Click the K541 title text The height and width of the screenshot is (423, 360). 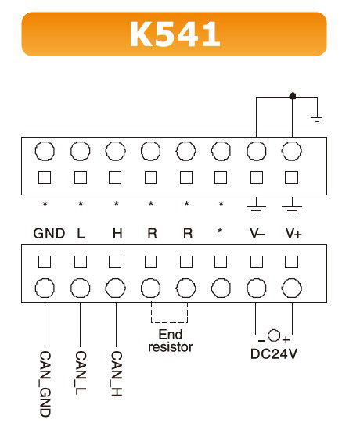click(175, 34)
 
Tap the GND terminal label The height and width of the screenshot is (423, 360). click(49, 233)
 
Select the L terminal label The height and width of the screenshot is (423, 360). click(81, 233)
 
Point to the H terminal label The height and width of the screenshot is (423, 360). click(117, 233)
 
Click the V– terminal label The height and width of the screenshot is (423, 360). click(257, 233)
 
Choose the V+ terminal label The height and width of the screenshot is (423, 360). click(293, 233)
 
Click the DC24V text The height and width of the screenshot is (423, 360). click(274, 353)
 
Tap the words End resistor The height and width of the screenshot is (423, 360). click(171, 341)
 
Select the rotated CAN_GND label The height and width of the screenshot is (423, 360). click(45, 384)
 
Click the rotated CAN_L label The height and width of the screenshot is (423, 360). click(81, 373)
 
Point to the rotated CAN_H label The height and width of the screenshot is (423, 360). click(117, 374)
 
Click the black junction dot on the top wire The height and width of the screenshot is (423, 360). click(293, 96)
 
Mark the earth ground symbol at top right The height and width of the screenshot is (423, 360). click(317, 119)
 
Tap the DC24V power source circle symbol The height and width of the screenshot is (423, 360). click(274, 335)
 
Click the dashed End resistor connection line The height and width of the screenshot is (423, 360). click(169, 322)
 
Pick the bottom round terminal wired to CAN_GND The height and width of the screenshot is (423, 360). click(45, 288)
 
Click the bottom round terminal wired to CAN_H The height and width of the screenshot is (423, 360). click(116, 288)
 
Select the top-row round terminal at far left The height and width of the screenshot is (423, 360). click(45, 151)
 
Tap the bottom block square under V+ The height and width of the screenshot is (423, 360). click(292, 262)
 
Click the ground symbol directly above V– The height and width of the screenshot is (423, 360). click(257, 207)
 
